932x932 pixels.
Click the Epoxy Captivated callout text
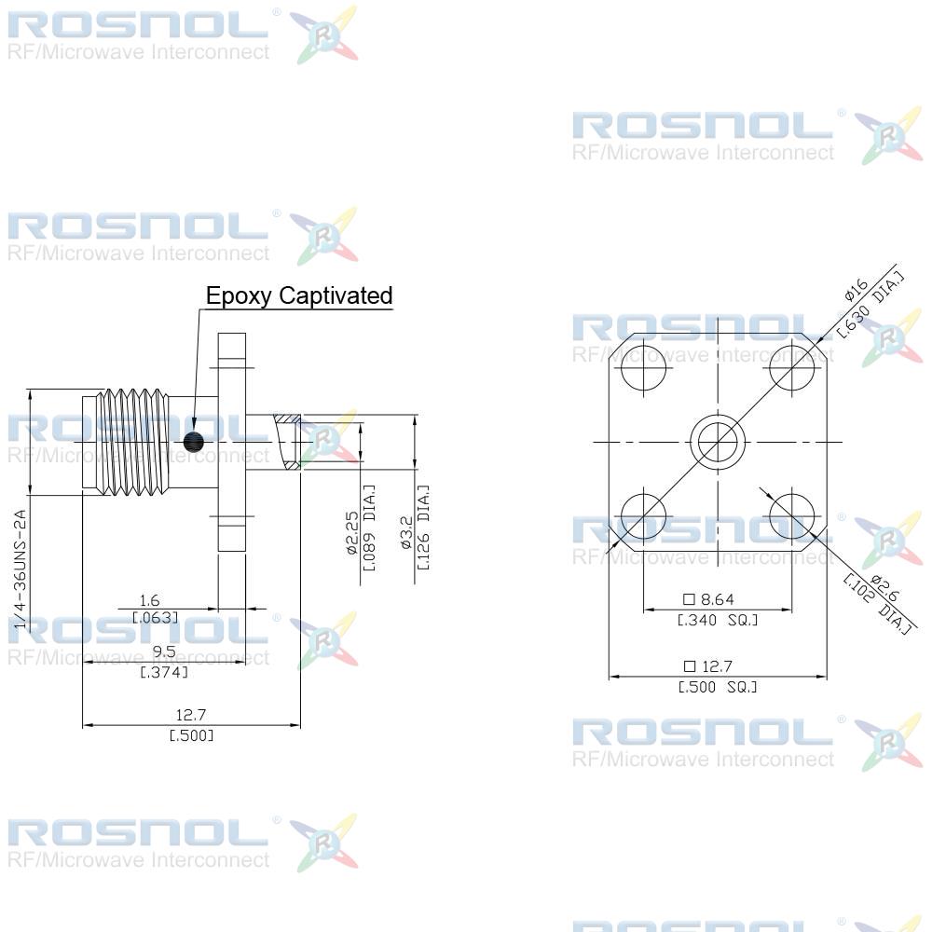tap(299, 296)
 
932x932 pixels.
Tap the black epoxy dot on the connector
tap(194, 442)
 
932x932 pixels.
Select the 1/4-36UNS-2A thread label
tap(21, 569)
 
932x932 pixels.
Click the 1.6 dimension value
tap(149, 600)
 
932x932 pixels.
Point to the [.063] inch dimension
tap(155, 618)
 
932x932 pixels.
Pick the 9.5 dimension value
tap(164, 652)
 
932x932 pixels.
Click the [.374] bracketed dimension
tap(164, 672)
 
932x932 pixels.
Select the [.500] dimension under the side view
tap(191, 736)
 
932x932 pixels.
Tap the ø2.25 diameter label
tap(352, 533)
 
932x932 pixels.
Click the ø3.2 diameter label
tap(406, 532)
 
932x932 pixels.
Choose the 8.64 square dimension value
tap(709, 599)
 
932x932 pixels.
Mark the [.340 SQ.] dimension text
tap(718, 620)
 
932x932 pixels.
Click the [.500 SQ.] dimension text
tap(718, 687)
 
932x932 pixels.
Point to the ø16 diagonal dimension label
tap(856, 290)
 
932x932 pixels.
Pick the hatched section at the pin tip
tap(287, 442)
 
